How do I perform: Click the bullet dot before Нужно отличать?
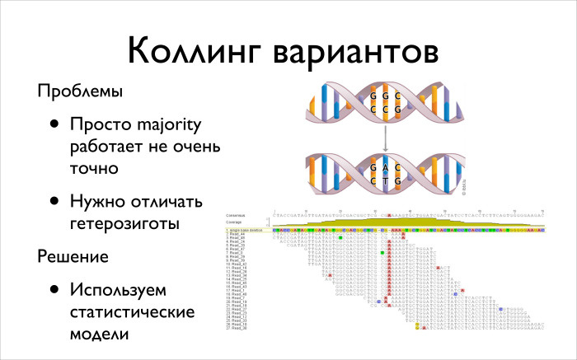54,202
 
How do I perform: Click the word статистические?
132,313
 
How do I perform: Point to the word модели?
100,335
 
